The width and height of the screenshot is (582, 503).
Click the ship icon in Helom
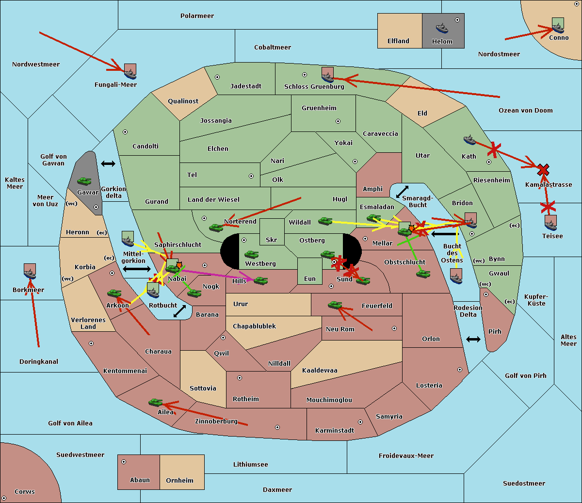click(x=442, y=28)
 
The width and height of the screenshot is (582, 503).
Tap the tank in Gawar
click(x=84, y=181)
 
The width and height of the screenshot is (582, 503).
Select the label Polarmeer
click(x=197, y=16)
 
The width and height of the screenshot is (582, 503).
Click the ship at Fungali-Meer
click(x=130, y=74)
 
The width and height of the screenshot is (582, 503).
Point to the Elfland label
click(x=398, y=41)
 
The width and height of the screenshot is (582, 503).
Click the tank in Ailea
click(x=155, y=403)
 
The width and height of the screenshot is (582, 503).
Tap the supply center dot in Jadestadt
click(x=217, y=77)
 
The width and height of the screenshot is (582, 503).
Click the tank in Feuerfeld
click(x=335, y=305)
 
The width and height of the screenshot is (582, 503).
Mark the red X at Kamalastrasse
click(x=543, y=170)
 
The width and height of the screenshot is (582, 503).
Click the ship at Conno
click(x=558, y=28)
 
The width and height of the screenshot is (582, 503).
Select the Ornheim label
click(x=179, y=480)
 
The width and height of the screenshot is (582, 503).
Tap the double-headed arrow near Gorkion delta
click(x=108, y=163)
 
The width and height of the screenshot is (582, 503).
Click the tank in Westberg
click(x=251, y=254)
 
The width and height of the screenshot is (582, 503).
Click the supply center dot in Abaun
click(x=124, y=462)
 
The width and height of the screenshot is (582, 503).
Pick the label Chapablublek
click(x=254, y=326)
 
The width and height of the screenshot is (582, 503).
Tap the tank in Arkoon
click(x=114, y=293)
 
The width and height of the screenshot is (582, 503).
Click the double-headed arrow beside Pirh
click(x=473, y=340)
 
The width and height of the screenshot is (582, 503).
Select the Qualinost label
click(x=183, y=101)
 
